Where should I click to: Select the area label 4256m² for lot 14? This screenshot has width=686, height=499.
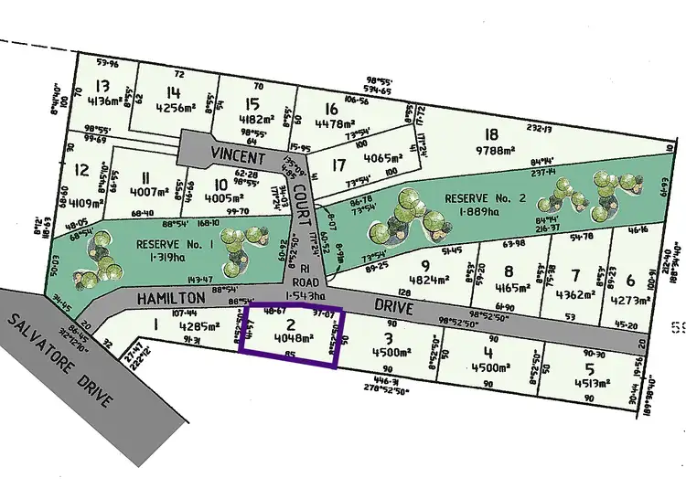(x=177, y=107)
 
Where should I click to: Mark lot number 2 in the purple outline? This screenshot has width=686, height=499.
(x=291, y=324)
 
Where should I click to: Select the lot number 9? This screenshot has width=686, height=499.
(x=424, y=266)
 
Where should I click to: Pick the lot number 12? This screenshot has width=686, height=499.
(x=82, y=169)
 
